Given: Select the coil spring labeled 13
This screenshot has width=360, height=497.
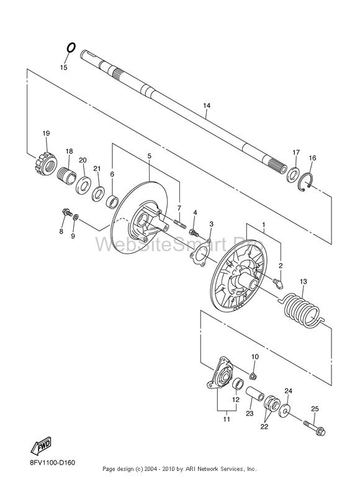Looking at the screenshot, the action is (x=301, y=311).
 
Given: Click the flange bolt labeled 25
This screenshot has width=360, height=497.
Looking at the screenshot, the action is (x=314, y=428).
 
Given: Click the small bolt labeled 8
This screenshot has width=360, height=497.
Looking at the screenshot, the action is (x=67, y=212).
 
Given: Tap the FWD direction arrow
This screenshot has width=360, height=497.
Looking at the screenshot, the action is (x=41, y=446).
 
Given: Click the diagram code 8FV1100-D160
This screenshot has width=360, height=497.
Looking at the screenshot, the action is (x=53, y=463).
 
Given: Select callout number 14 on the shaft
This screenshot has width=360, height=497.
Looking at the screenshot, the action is (x=207, y=105).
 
